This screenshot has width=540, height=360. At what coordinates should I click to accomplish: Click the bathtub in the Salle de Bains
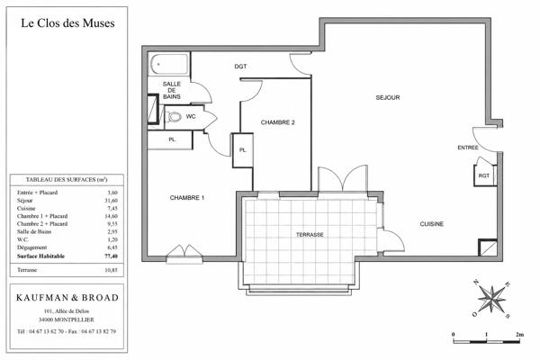pyautogui.click(x=169, y=63)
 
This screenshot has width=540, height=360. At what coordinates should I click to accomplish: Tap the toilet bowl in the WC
pyautogui.click(x=175, y=117)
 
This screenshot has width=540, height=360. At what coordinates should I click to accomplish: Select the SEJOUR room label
pyautogui.click(x=388, y=98)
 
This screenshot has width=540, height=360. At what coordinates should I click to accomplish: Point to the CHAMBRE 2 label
pyautogui.click(x=277, y=122)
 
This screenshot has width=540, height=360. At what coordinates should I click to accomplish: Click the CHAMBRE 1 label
pyautogui.click(x=187, y=198)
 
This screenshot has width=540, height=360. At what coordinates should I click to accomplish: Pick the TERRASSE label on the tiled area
pyautogui.click(x=310, y=235)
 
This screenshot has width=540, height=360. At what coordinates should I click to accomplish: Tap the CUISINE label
pyautogui.click(x=431, y=224)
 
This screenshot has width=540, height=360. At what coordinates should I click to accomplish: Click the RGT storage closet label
pyautogui.click(x=484, y=175)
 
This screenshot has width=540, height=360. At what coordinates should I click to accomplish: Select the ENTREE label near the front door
pyautogui.click(x=468, y=148)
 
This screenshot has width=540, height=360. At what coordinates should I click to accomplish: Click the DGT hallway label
pyautogui.click(x=240, y=67)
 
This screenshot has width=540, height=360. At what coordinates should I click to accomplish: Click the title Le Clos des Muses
pyautogui.click(x=67, y=23)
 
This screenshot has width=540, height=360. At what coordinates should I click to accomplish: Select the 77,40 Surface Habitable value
pyautogui.click(x=112, y=256)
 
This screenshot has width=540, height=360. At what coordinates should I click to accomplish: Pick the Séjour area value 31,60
pyautogui.click(x=112, y=201)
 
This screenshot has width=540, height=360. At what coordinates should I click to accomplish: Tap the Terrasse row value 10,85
pyautogui.click(x=112, y=270)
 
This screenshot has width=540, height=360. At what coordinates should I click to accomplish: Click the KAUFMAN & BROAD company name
pyautogui.click(x=67, y=298)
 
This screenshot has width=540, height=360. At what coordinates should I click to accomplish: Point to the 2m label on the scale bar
pyautogui.click(x=520, y=334)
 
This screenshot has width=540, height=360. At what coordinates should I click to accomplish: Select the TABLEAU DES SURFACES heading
pyautogui.click(x=67, y=179)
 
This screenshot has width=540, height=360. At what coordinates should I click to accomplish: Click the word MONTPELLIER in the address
pyautogui.click(x=74, y=319)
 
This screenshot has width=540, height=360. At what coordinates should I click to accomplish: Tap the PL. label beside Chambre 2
pyautogui.click(x=243, y=150)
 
